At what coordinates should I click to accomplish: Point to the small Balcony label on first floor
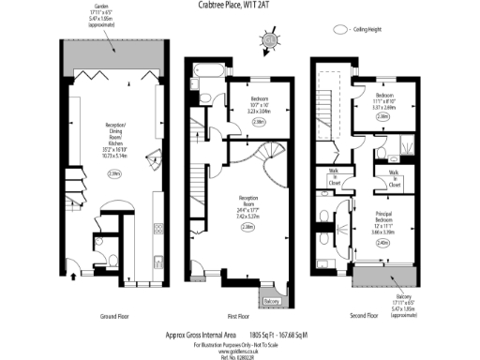(x=270, y=301)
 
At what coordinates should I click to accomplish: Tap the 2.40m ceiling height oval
(x=382, y=243)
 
